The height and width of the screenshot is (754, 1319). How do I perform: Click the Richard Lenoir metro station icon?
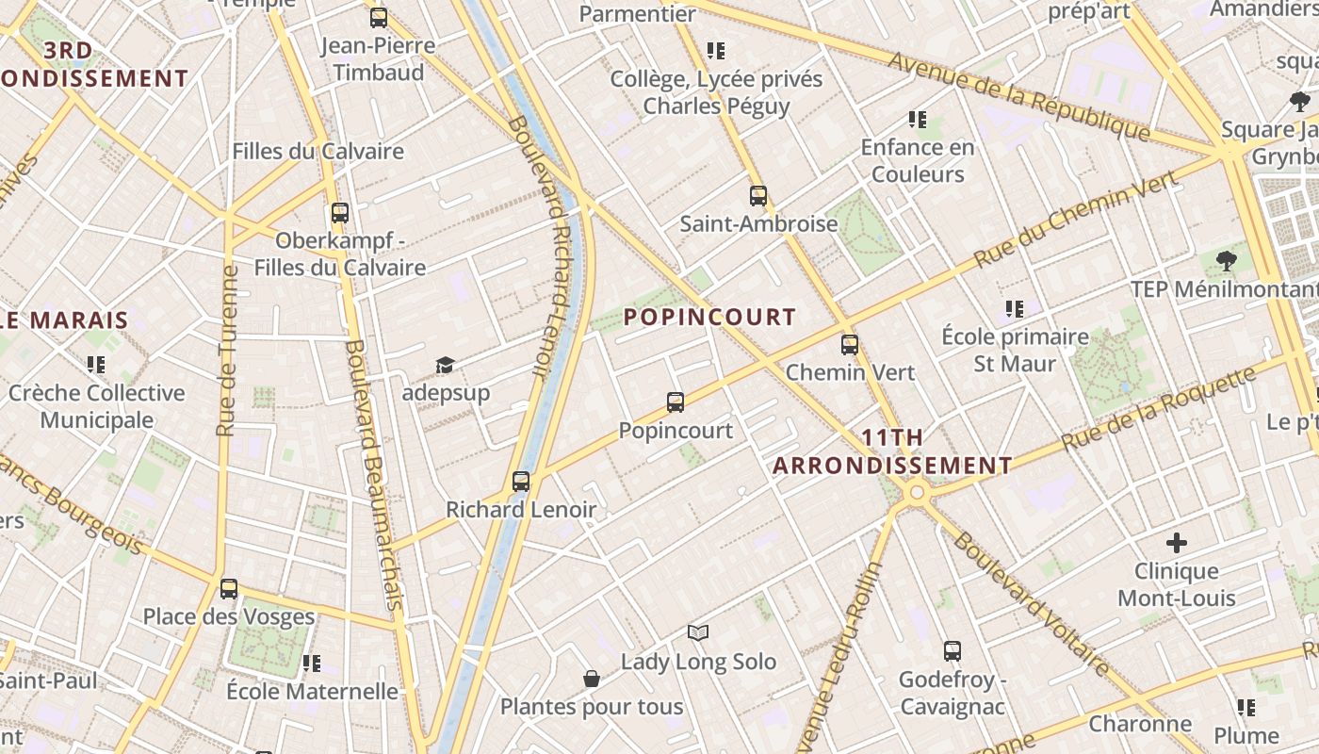coord(521,482)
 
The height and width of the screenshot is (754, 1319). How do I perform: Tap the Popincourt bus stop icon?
coord(676,402)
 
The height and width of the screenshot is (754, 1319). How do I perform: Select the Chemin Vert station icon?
coord(850,344)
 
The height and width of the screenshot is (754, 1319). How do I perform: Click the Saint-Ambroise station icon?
coord(758,196)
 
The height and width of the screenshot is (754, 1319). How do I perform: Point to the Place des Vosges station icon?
coord(229,589)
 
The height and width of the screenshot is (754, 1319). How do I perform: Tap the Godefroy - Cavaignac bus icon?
coord(953,651)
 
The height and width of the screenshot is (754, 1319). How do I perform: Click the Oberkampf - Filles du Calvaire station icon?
coord(340,213)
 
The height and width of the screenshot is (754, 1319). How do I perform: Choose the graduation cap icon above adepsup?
coord(445,365)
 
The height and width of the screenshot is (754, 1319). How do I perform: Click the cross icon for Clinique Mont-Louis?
coord(1176,543)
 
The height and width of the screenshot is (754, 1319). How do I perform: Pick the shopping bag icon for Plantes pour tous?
coord(592,679)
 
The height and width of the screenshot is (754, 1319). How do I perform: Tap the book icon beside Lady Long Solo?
coord(697,632)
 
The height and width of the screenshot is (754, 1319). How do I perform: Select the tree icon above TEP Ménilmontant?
coord(1226,261)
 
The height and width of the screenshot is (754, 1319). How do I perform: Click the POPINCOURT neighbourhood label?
coord(709,317)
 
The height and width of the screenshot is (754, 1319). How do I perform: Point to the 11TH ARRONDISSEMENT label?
coord(892,451)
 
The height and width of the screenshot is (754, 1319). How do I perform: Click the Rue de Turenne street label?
coord(226,351)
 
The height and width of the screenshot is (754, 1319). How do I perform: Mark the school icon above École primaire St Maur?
coord(1014,308)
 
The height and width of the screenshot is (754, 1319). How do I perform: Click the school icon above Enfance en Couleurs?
coord(918,120)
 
